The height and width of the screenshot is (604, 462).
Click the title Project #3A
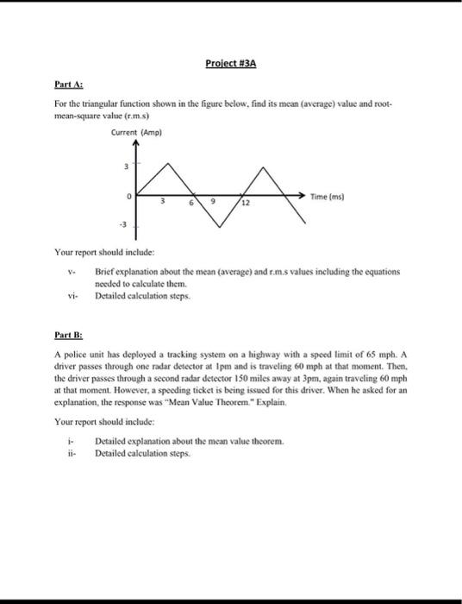click(231, 64)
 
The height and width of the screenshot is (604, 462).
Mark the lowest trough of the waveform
click(222, 227)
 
